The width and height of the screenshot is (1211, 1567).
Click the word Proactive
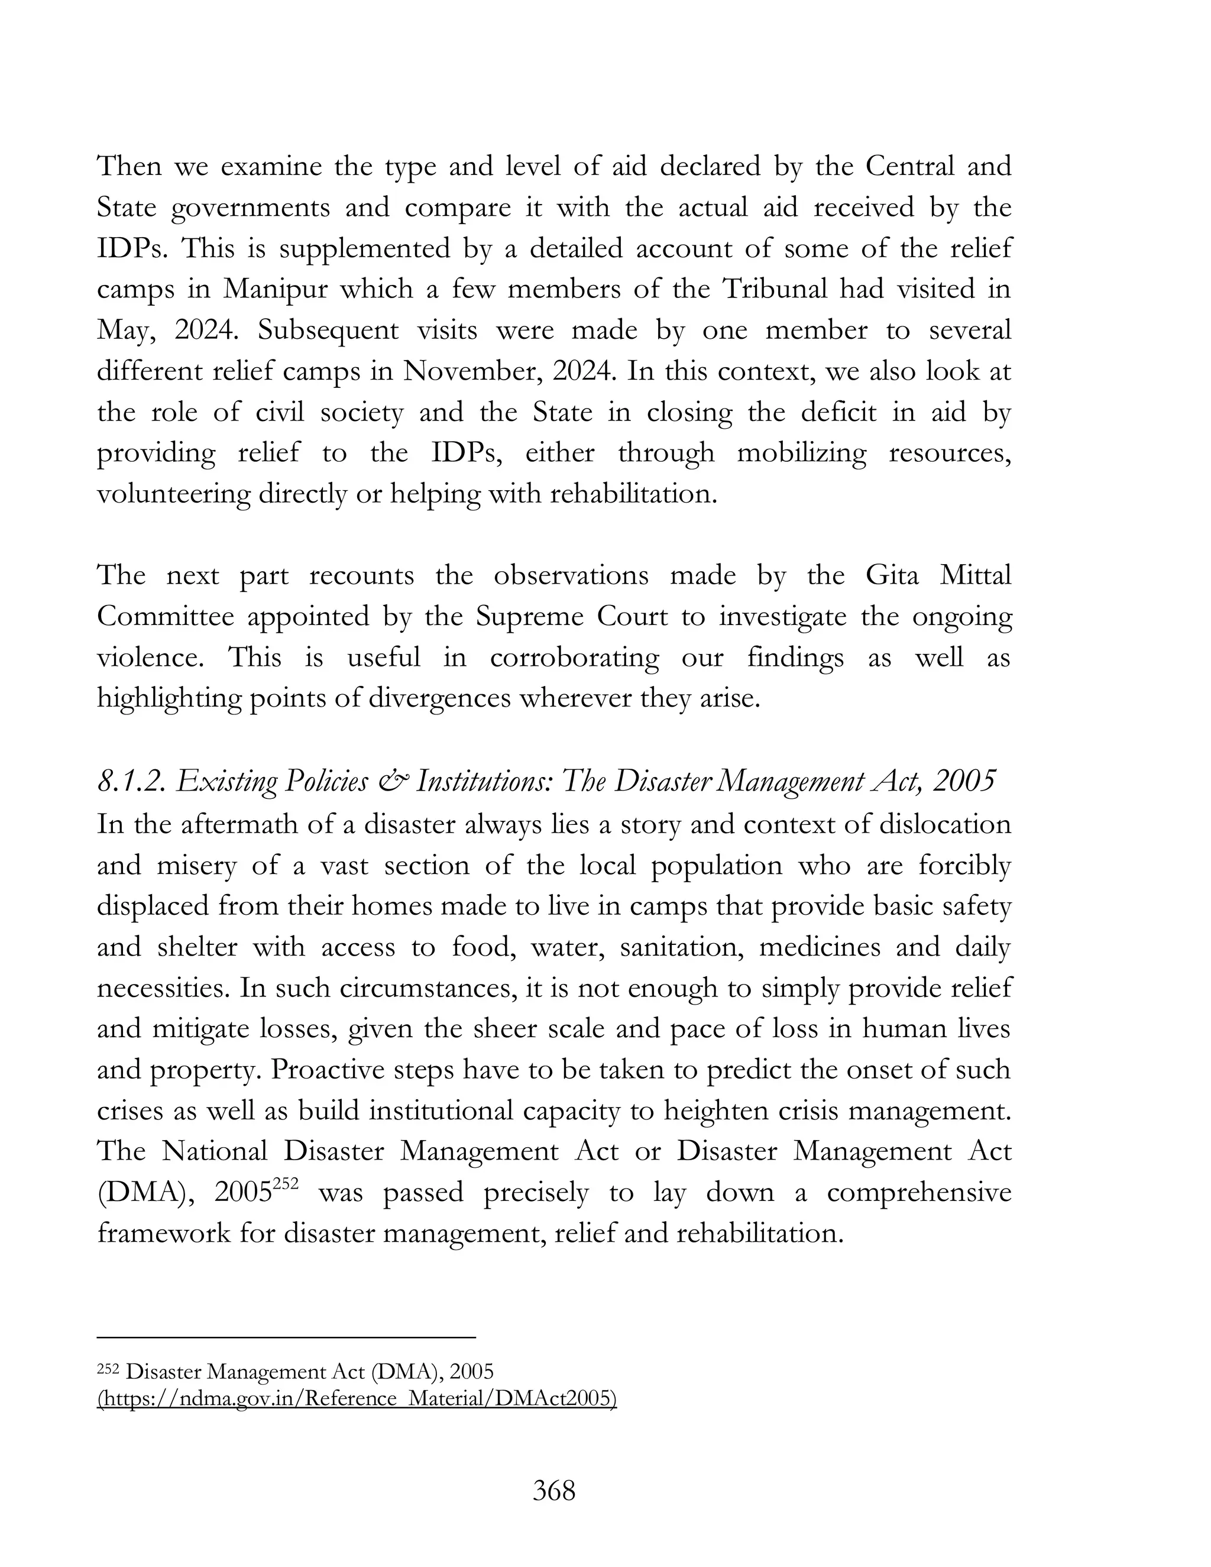point(326,1070)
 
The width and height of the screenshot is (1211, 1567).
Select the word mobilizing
point(801,454)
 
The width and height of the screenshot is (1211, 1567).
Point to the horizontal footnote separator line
point(286,1338)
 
